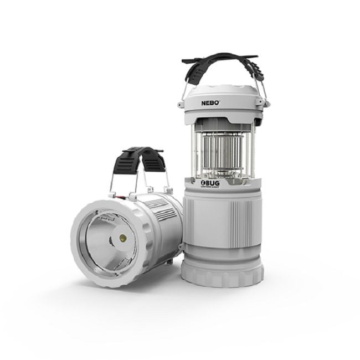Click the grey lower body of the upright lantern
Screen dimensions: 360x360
coord(222,227)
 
